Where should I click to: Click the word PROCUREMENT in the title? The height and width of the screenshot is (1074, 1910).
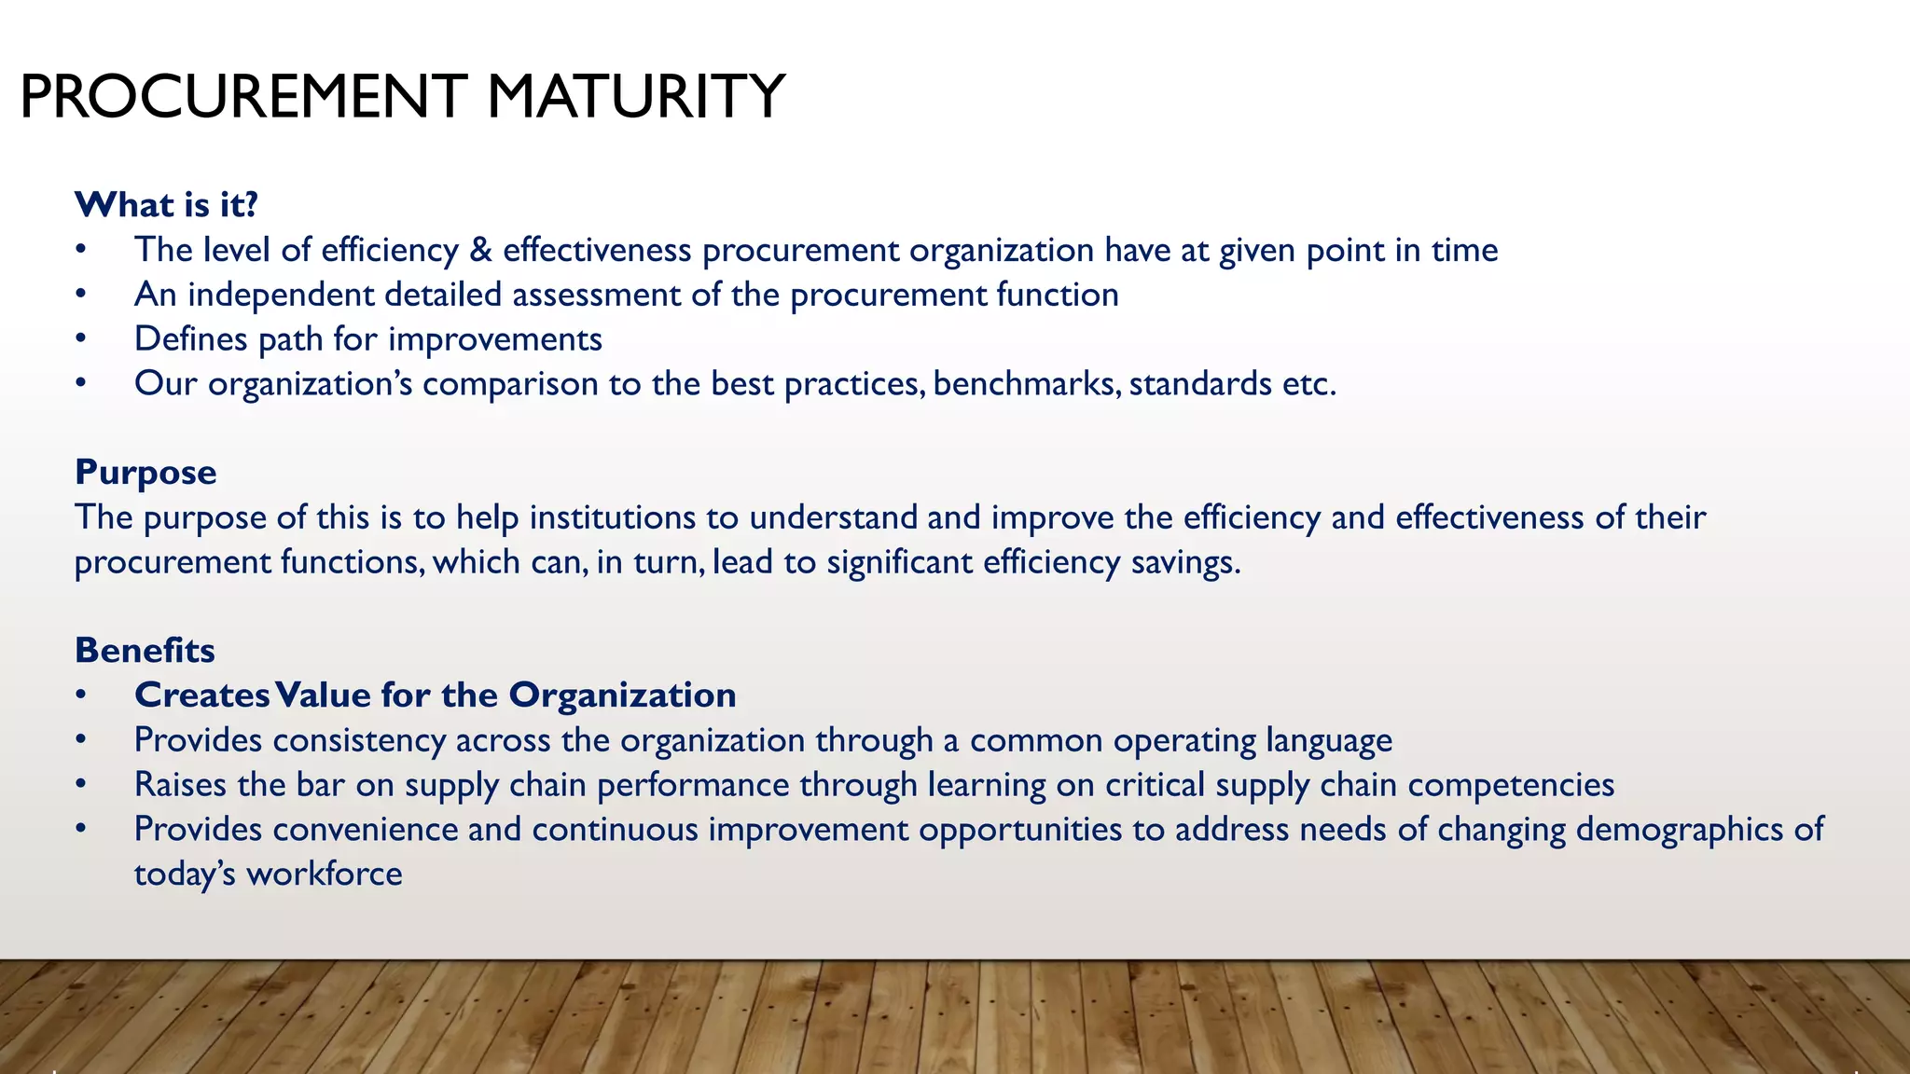point(242,97)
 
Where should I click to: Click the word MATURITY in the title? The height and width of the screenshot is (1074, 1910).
point(635,97)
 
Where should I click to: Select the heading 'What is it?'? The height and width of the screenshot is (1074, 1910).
point(166,204)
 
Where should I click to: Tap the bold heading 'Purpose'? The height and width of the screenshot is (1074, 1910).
point(145,473)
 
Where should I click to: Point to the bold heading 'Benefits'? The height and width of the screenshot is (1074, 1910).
point(145,651)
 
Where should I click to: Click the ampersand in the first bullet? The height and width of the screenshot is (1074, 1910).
point(480,250)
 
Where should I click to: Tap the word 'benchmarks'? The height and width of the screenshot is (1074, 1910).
point(1026,384)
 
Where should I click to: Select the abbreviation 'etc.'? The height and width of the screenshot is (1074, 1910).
point(1309,384)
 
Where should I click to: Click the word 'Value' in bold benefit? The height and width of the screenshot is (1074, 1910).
point(323,695)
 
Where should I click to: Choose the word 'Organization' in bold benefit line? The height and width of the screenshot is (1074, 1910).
point(622,695)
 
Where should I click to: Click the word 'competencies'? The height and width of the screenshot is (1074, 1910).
point(1511,785)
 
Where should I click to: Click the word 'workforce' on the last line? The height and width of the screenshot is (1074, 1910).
point(324,874)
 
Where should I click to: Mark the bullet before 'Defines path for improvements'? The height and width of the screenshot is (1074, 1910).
point(81,339)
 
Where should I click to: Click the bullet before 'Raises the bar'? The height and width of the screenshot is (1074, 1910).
point(81,785)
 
